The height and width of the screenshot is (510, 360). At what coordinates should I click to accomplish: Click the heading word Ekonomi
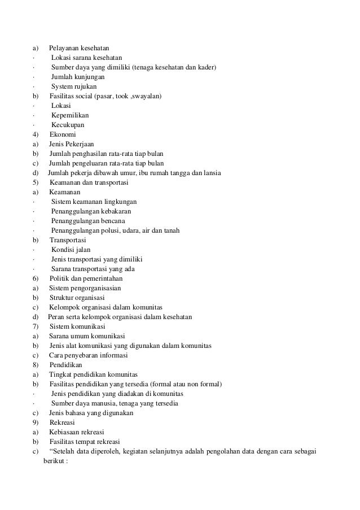(x=63, y=134)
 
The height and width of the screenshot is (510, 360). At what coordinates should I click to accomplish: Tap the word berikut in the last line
(x=54, y=460)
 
